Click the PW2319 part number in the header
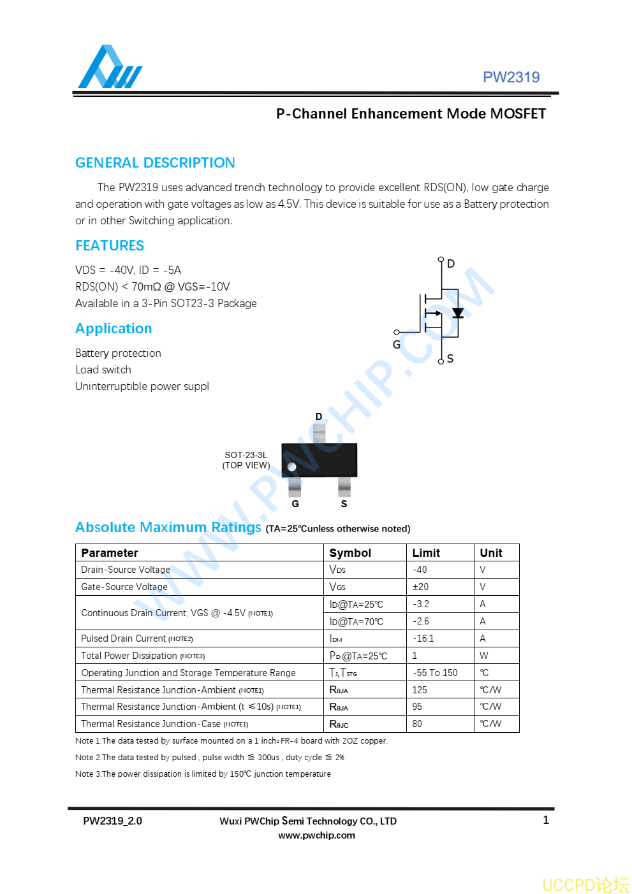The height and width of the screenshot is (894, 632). coord(511,78)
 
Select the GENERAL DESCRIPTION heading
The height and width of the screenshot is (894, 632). coord(155,163)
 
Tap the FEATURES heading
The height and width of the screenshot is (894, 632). coord(110,246)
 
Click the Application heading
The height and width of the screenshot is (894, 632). coord(114,329)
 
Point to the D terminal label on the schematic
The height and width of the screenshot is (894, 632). coord(451,264)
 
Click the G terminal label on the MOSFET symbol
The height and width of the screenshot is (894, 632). coord(397,345)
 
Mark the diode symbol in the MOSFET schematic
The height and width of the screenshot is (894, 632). coord(457,313)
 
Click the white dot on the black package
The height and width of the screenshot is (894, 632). coord(291,467)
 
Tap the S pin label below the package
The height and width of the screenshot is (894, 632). coord(344,504)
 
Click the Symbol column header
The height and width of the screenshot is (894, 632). coord(350,553)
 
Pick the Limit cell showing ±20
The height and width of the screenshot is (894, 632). coord(421,587)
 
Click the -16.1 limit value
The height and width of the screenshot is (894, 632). coord(423,638)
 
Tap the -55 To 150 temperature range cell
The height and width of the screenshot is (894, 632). coord(435,673)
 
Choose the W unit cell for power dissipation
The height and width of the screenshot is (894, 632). coord(484,656)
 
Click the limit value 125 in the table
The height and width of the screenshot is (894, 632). coord(420,690)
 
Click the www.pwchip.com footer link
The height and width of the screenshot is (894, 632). coord(316,835)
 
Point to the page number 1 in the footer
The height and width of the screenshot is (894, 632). coord(546,820)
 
